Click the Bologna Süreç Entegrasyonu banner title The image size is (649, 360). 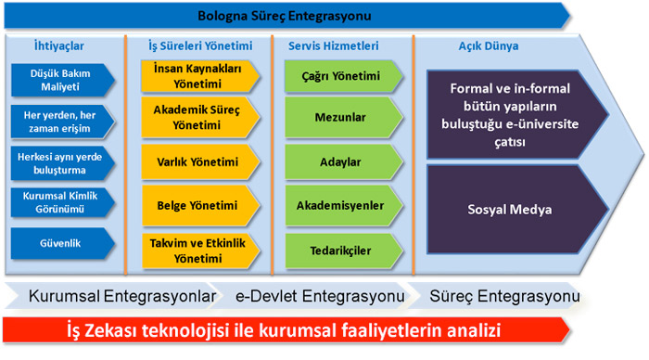click(x=285, y=16)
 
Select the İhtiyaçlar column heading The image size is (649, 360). click(x=58, y=45)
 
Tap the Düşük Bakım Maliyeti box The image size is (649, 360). click(x=62, y=80)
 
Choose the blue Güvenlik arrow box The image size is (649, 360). click(x=62, y=243)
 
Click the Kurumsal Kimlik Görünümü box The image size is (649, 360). click(x=62, y=202)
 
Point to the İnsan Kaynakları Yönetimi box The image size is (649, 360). click(x=200, y=76)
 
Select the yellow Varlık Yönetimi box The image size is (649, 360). click(x=200, y=161)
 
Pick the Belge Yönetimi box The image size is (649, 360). click(x=200, y=205)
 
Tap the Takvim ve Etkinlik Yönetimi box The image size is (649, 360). click(x=200, y=251)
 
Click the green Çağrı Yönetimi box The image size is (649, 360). click(x=344, y=76)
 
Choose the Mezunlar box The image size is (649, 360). click(x=344, y=117)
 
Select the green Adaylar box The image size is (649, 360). click(x=344, y=161)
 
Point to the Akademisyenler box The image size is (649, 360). click(x=344, y=205)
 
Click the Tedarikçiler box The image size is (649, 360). click(x=344, y=251)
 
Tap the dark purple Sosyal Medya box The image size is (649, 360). click(x=517, y=209)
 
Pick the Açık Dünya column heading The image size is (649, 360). click(x=489, y=45)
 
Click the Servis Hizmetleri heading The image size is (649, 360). click(x=333, y=45)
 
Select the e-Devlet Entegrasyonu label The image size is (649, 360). click(x=320, y=296)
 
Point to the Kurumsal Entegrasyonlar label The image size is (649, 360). click(x=122, y=296)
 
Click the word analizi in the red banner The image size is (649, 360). click(x=473, y=330)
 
